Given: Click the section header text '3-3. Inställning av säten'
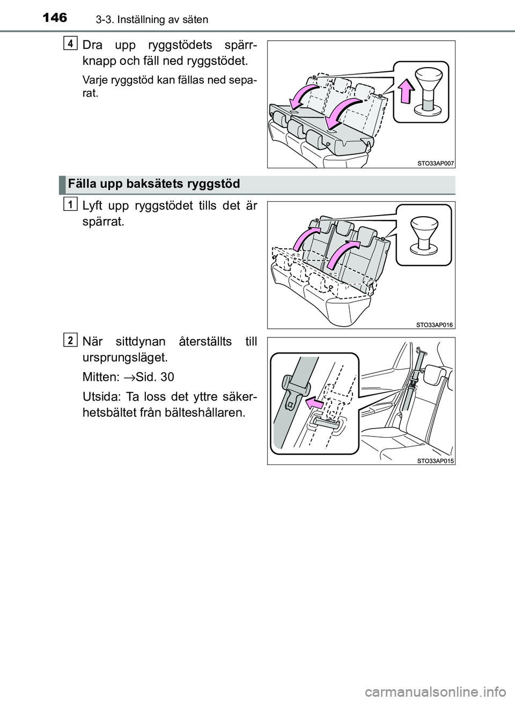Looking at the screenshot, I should click(141, 20).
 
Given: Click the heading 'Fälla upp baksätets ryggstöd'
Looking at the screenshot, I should click(154, 185).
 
